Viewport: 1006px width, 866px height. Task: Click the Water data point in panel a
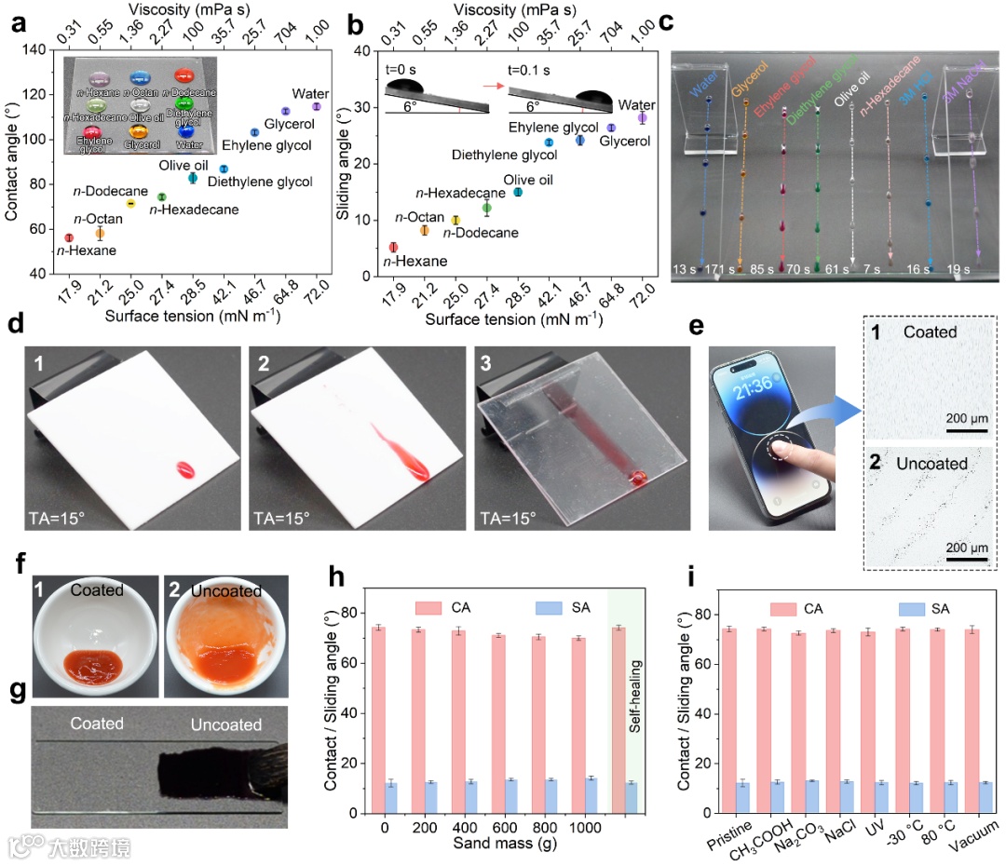coord(317,107)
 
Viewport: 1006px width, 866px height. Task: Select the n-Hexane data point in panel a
coord(69,238)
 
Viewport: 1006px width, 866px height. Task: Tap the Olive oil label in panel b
coord(527,180)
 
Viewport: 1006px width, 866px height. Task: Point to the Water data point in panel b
coord(642,117)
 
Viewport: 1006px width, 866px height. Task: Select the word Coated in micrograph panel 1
coord(936,332)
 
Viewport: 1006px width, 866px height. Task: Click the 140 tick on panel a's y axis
coord(38,49)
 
